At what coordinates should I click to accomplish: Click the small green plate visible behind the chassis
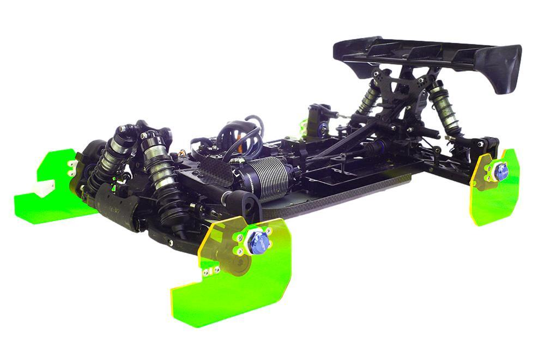(x=303, y=125)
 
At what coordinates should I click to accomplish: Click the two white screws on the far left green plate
(x=70, y=167)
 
